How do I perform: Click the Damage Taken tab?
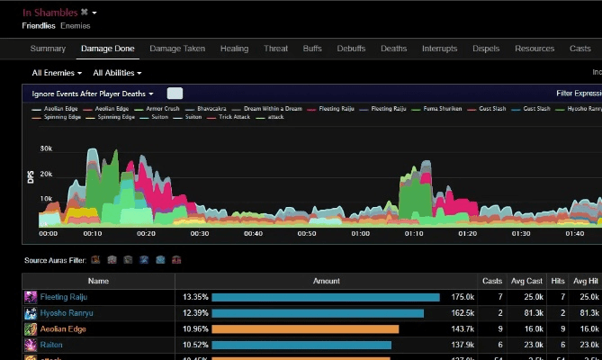[177, 49]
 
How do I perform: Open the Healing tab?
[234, 49]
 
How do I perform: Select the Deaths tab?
[393, 49]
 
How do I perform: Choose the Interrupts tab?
[439, 49]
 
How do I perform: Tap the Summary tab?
[48, 49]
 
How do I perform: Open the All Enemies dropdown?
[57, 73]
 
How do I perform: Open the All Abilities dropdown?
[117, 73]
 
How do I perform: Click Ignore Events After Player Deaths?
[93, 94]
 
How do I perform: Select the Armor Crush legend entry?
[162, 108]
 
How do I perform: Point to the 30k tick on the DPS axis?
[46, 148]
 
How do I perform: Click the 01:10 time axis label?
[414, 233]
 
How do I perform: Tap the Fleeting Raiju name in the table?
[63, 296]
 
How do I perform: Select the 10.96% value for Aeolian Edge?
[194, 329]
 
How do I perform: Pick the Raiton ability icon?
[31, 346]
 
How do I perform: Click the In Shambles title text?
[49, 13]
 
